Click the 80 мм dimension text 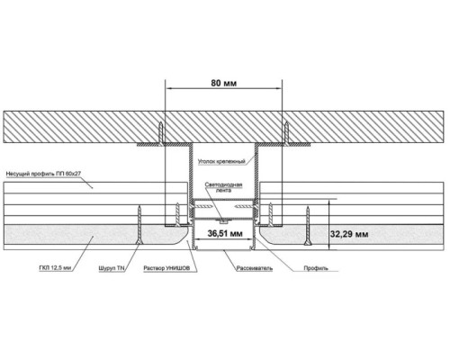(x=224, y=83)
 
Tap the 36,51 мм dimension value (x=225, y=233)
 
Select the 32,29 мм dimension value (x=349, y=234)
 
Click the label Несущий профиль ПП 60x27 (x=43, y=174)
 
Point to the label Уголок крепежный (x=221, y=161)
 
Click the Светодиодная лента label (x=223, y=187)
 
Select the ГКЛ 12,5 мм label (x=55, y=268)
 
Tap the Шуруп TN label (x=112, y=268)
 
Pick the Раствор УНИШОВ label (x=166, y=268)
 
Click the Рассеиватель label (x=255, y=268)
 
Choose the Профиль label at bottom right (x=316, y=268)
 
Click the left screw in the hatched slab (x=161, y=133)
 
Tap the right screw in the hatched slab (x=286, y=133)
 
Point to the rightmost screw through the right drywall (x=307, y=226)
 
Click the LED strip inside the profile (x=223, y=221)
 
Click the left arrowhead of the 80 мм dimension (x=169, y=88)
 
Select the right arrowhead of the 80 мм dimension (x=279, y=88)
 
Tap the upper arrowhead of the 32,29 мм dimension (x=329, y=202)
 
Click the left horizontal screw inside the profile (x=204, y=206)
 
